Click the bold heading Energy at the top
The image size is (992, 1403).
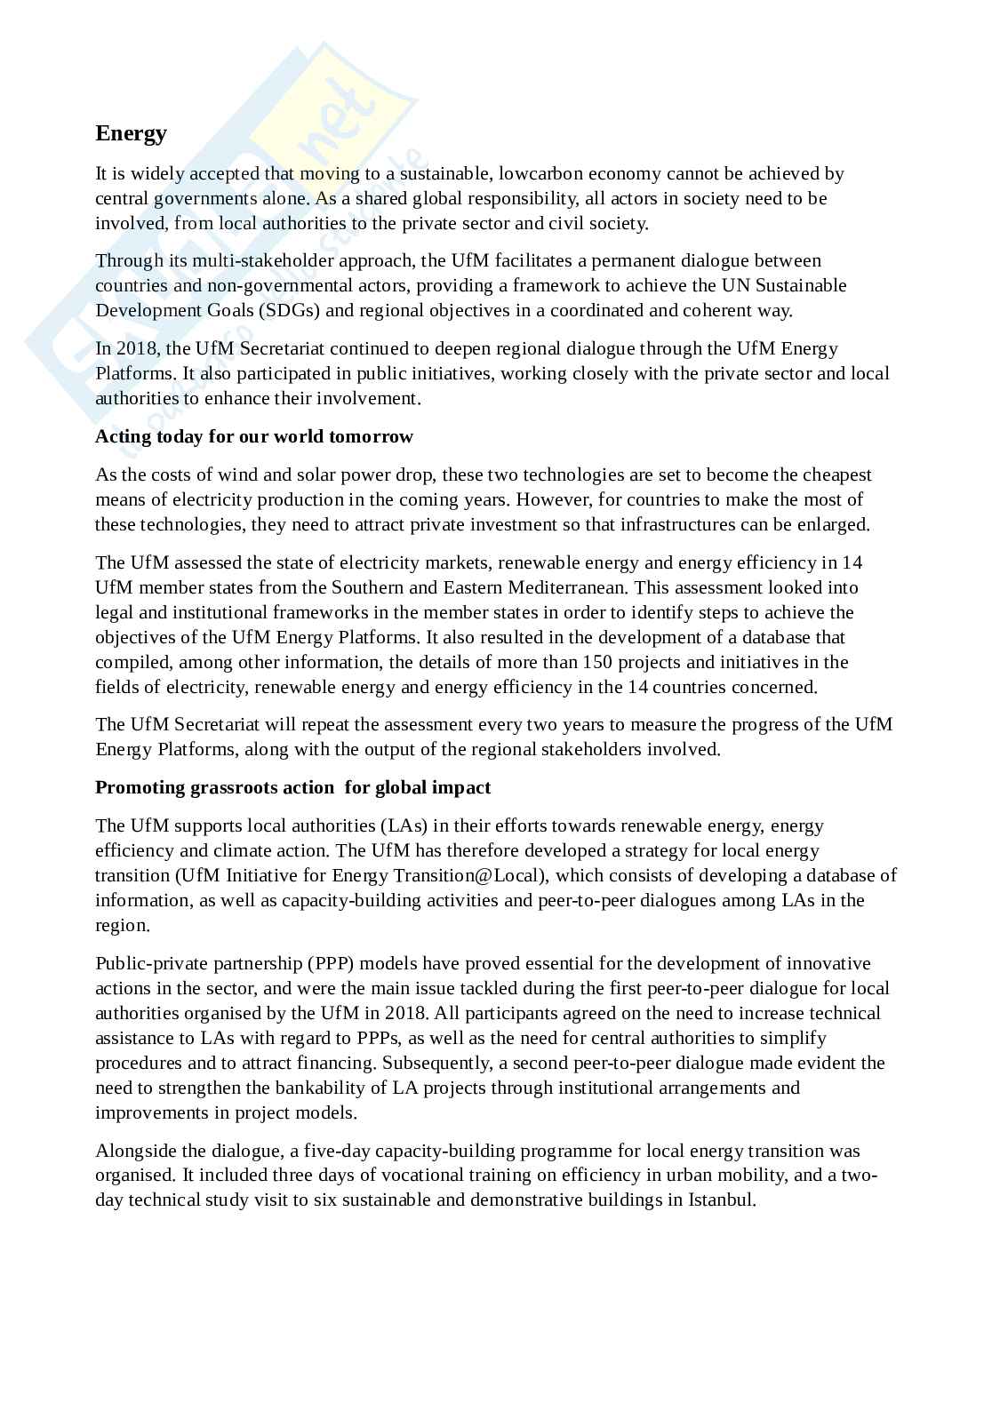(x=132, y=133)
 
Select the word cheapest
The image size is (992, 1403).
(x=838, y=474)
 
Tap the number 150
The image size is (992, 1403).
(x=597, y=662)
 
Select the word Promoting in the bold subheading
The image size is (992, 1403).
(x=136, y=788)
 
